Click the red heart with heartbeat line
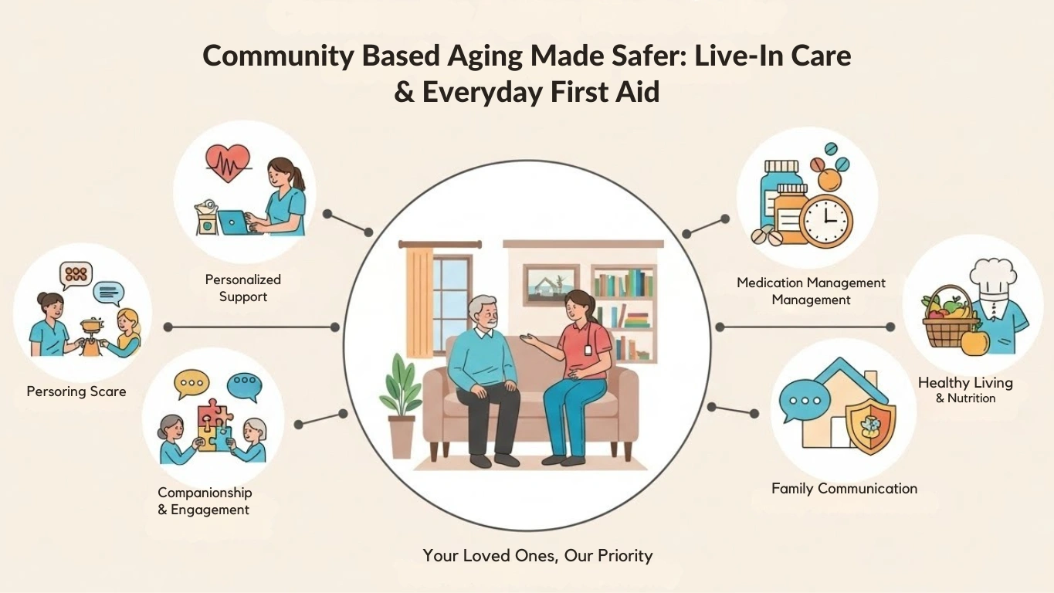228,163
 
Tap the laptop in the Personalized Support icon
232,222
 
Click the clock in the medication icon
825,219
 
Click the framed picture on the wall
551,282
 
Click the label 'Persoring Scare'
76,391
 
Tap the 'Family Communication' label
844,488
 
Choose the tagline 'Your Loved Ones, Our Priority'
537,555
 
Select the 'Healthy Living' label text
965,382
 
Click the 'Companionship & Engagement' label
205,500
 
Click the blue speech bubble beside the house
799,402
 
